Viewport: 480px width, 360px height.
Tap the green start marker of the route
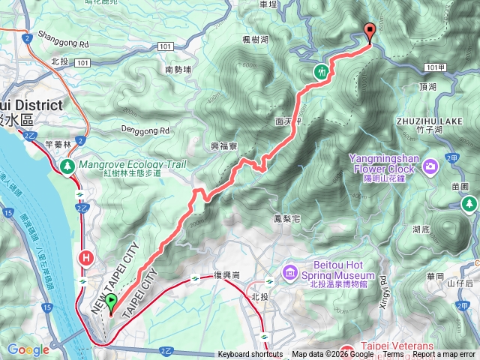(x=112, y=304)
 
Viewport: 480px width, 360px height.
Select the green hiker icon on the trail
(x=321, y=72)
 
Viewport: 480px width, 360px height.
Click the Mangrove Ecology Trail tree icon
(x=67, y=164)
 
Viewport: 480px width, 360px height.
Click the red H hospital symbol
(x=86, y=259)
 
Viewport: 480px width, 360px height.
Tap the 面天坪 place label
(x=287, y=120)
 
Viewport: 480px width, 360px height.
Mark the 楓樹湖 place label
(x=255, y=39)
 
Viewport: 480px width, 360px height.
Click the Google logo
(x=28, y=349)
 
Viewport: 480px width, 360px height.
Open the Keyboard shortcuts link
(x=250, y=355)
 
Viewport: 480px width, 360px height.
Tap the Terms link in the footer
(x=393, y=355)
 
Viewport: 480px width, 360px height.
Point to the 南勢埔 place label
(x=178, y=70)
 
